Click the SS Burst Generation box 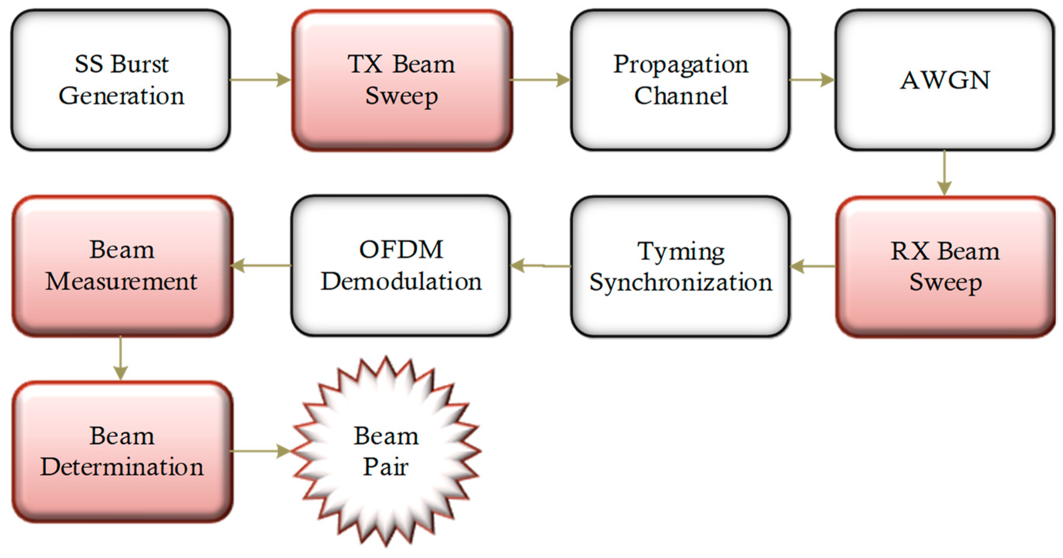point(121,80)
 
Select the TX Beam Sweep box point(402,80)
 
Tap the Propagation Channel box point(680,80)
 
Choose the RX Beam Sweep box point(945,266)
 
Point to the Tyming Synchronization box point(680,266)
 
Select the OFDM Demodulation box point(401,265)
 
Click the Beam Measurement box point(122,265)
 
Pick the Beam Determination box point(122,451)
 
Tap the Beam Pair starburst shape point(386,451)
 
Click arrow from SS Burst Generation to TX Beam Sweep point(260,80)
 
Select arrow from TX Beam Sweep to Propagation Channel point(541,80)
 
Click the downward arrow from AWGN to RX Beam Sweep point(944,172)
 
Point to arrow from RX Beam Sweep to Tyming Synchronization point(812,266)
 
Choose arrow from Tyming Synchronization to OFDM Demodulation point(541,265)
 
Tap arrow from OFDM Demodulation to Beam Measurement point(261,265)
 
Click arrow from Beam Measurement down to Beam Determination point(121,358)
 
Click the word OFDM point(401,250)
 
